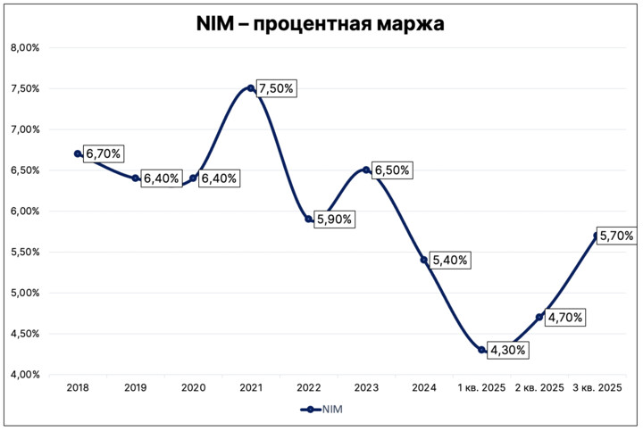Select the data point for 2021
[251, 88]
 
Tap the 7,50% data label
[276, 88]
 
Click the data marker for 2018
[78, 153]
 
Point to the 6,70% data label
[104, 153]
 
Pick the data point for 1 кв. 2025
[481, 350]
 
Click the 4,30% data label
[507, 350]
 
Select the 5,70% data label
[616, 236]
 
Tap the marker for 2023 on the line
[366, 170]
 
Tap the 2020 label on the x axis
[193, 388]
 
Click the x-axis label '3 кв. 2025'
[597, 388]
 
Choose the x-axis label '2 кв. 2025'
[539, 388]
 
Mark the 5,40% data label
[450, 260]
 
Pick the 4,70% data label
[565, 317]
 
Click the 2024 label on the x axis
[423, 388]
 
